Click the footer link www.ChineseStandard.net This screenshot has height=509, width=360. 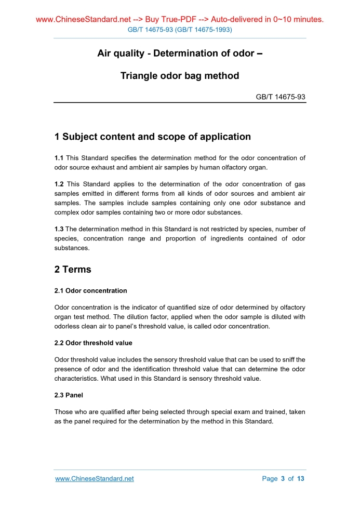click(x=94, y=478)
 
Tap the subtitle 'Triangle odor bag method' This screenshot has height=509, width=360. click(x=180, y=76)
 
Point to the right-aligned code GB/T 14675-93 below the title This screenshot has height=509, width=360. click(x=281, y=97)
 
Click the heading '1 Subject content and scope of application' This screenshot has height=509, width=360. click(x=153, y=137)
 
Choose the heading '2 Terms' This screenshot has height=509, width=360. click(x=73, y=270)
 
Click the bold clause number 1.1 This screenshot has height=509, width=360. click(x=59, y=158)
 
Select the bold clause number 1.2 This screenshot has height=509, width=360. click(x=59, y=184)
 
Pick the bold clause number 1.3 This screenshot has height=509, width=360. click(x=59, y=229)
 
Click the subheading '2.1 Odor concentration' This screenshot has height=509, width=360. click(x=90, y=290)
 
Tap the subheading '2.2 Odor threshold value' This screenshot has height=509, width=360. click(x=93, y=343)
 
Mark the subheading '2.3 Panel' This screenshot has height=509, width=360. click(x=69, y=395)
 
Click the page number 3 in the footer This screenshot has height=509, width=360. click(x=283, y=478)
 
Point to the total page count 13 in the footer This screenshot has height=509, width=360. click(x=300, y=478)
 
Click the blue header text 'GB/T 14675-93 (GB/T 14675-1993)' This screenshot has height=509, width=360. click(x=180, y=30)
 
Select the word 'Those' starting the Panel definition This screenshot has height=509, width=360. click(x=64, y=412)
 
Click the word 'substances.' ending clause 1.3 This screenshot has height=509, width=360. click(x=72, y=248)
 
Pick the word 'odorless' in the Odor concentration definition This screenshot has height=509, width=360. click(x=68, y=327)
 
